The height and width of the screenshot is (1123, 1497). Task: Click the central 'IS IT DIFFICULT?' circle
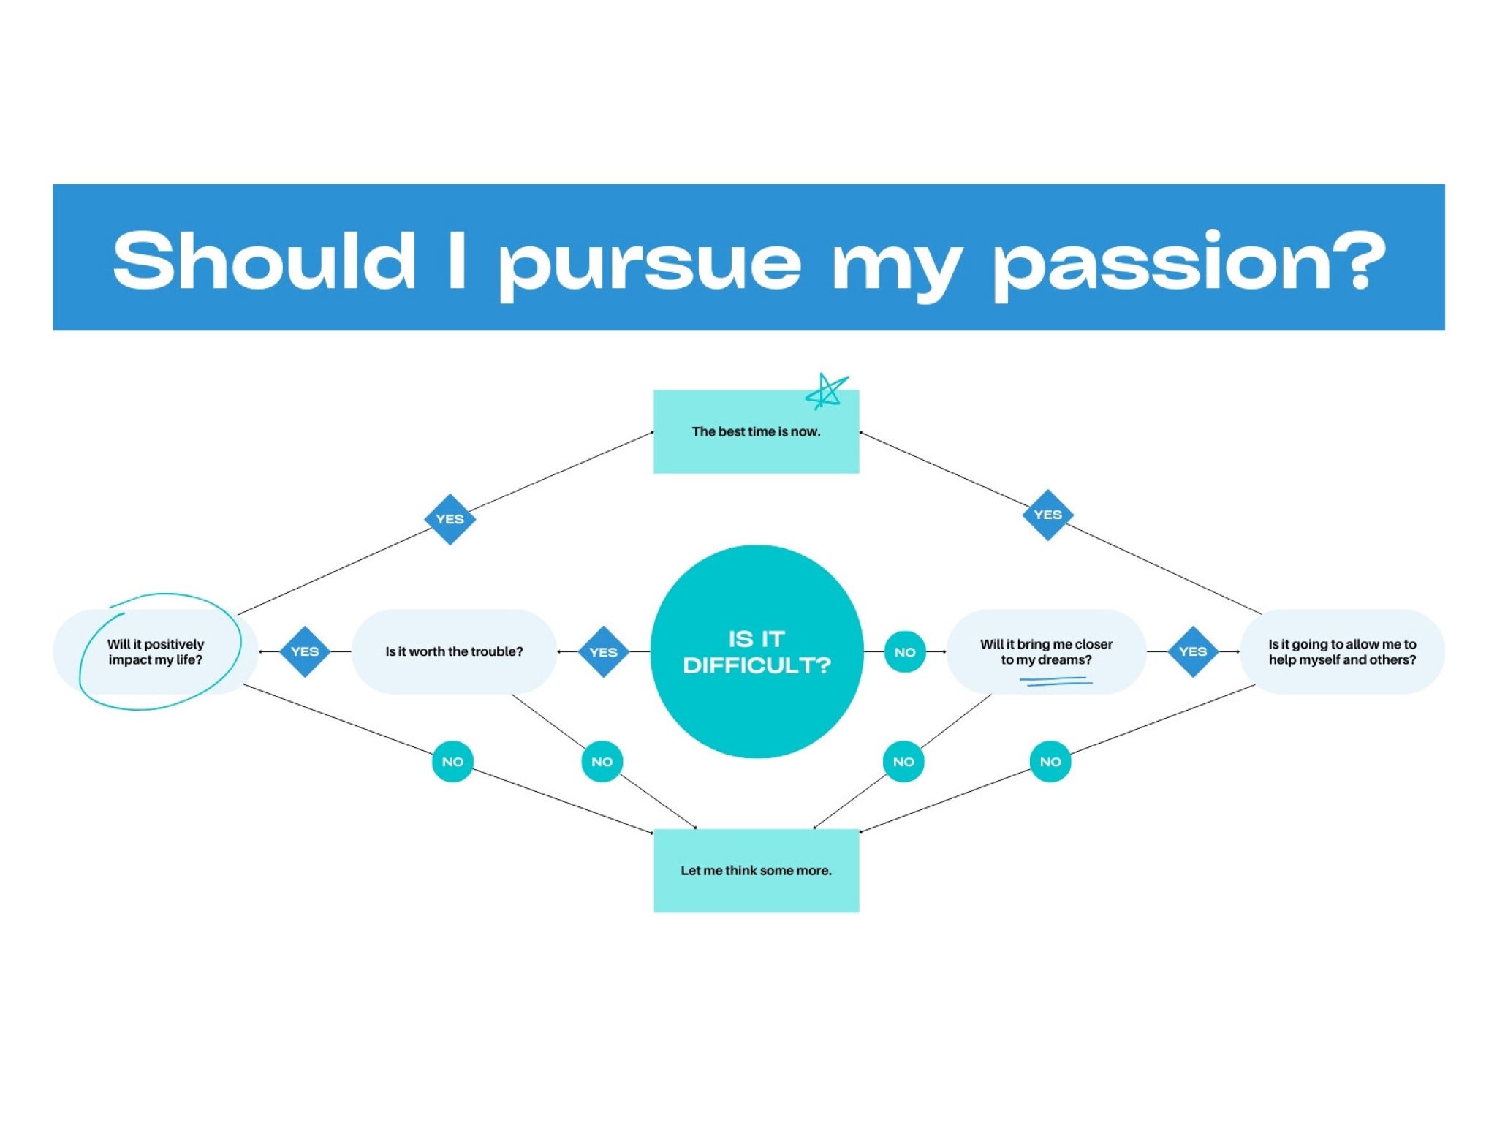pyautogui.click(x=757, y=651)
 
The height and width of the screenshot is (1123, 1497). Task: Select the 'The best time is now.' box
pyautogui.click(x=756, y=432)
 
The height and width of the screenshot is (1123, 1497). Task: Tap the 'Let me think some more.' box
pyautogui.click(x=756, y=870)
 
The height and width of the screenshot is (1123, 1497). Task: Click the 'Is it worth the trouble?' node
pyautogui.click(x=454, y=651)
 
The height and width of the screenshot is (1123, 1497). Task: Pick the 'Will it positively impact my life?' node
pyautogui.click(x=156, y=651)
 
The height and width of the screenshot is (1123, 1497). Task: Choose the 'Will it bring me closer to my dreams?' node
pyautogui.click(x=1046, y=651)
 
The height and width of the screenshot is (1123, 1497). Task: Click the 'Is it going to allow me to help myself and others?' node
pyautogui.click(x=1342, y=651)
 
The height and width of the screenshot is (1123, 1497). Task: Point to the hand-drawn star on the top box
pyautogui.click(x=827, y=391)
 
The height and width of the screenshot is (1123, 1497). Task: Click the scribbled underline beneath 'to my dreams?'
pyautogui.click(x=1056, y=681)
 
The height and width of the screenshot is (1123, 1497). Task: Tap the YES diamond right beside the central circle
pyautogui.click(x=603, y=651)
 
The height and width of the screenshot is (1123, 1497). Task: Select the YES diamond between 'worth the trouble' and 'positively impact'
pyautogui.click(x=305, y=651)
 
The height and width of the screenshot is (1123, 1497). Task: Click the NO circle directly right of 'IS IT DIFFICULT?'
pyautogui.click(x=905, y=651)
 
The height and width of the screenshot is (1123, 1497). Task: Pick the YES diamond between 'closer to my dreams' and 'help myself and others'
pyautogui.click(x=1193, y=651)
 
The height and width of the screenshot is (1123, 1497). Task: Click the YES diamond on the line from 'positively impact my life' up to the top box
pyautogui.click(x=450, y=519)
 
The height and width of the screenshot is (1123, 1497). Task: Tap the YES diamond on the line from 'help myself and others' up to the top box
pyautogui.click(x=1047, y=515)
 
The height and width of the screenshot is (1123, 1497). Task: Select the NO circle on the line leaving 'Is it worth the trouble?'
pyautogui.click(x=602, y=762)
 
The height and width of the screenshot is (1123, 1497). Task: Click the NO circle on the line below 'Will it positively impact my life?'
pyautogui.click(x=452, y=762)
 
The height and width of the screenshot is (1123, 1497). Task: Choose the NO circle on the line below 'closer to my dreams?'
pyautogui.click(x=903, y=762)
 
